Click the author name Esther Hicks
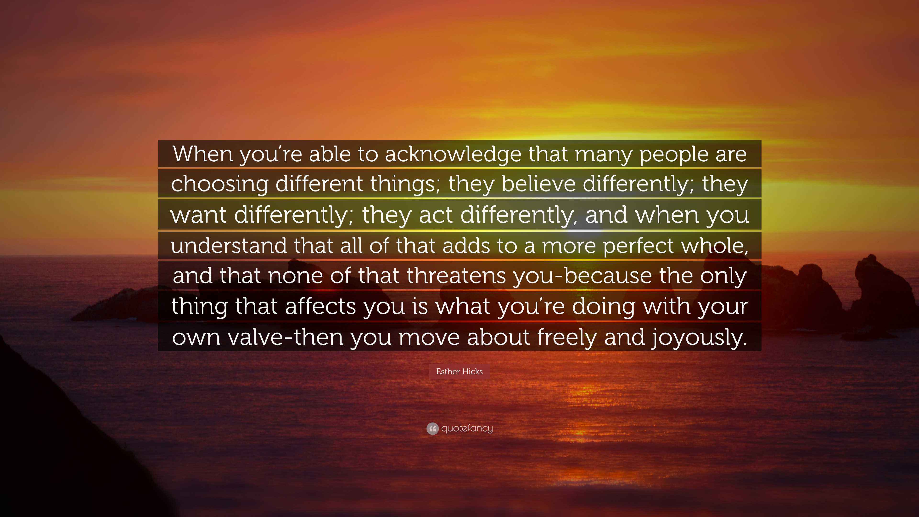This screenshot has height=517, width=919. click(x=459, y=371)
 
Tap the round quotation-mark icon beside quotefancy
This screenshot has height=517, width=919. click(x=432, y=428)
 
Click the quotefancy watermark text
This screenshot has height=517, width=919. click(x=467, y=428)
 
